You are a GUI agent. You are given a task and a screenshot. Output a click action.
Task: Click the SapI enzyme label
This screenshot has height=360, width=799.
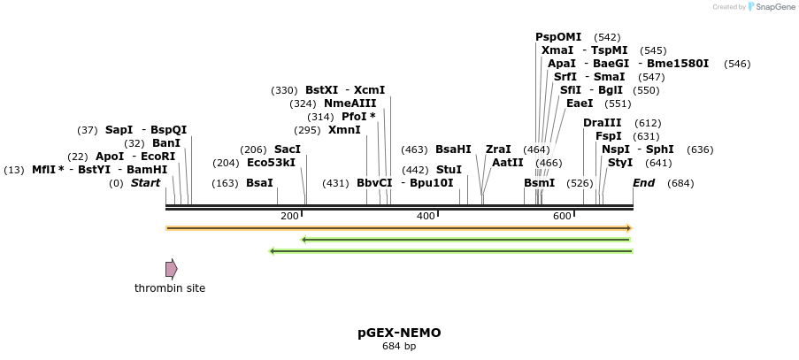click(x=119, y=130)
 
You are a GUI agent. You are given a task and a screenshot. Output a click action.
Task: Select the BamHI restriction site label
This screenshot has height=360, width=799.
click(x=147, y=170)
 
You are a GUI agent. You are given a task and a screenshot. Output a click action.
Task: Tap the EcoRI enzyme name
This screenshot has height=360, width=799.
click(x=158, y=157)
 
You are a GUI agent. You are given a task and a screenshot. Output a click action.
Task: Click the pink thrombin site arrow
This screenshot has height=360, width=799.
click(x=171, y=269)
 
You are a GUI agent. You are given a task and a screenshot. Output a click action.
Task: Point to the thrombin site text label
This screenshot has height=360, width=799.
click(x=170, y=288)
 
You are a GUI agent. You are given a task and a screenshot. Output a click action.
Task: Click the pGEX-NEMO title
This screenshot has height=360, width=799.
click(x=399, y=333)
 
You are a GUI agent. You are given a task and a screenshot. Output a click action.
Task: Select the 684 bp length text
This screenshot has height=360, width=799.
click(x=399, y=346)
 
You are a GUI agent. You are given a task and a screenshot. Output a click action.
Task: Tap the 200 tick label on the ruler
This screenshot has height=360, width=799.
click(x=289, y=217)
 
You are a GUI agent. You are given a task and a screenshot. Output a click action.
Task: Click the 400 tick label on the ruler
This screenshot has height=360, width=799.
click(x=426, y=217)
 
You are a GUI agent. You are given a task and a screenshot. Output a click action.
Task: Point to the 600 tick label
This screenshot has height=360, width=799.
click(x=562, y=217)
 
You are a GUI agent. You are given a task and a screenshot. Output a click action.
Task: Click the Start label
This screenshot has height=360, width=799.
click(x=145, y=183)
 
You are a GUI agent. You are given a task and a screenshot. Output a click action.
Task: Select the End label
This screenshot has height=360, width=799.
click(x=643, y=183)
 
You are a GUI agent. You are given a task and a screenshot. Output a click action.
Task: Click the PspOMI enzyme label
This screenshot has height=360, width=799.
click(x=558, y=37)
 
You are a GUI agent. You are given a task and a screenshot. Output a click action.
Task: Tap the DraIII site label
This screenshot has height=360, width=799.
click(x=602, y=123)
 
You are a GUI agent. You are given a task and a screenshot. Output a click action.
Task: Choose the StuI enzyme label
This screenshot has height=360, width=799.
click(x=449, y=170)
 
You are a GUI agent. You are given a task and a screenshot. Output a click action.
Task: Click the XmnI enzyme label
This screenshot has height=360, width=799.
click(x=344, y=130)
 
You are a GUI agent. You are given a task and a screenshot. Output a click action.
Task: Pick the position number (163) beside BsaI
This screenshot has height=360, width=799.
click(x=225, y=183)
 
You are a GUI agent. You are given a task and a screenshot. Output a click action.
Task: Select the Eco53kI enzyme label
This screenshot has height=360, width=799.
click(x=271, y=163)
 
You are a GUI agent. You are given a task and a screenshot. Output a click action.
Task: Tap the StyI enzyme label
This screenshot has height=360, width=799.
click(x=619, y=163)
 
